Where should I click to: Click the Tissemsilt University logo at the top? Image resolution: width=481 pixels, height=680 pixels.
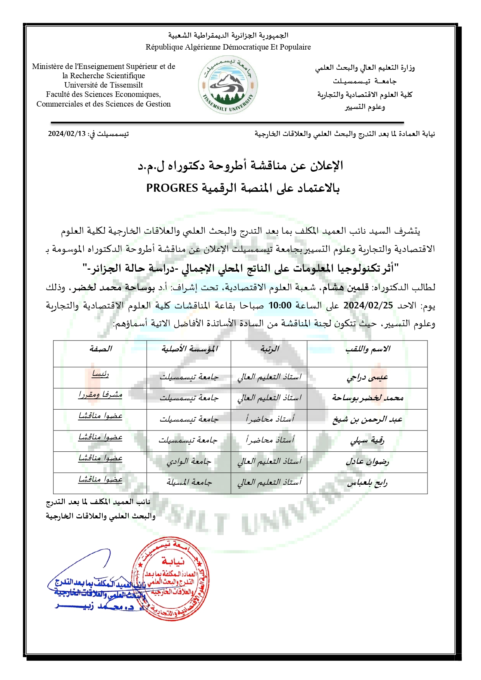click(228, 85)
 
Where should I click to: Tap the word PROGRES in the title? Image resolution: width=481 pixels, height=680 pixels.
click(172, 188)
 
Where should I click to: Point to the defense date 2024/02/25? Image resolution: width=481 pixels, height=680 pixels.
click(368, 305)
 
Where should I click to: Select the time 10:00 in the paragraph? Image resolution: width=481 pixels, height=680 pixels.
click(280, 305)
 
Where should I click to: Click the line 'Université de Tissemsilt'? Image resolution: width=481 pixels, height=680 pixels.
click(103, 85)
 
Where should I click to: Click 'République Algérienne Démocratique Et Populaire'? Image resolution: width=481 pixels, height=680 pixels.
click(228, 47)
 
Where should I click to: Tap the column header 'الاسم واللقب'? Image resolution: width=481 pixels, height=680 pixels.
click(367, 349)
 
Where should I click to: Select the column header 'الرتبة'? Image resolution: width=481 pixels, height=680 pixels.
click(269, 349)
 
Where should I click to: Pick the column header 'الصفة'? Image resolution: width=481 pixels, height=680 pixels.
click(100, 349)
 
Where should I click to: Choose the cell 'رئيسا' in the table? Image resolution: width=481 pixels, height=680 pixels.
click(100, 374)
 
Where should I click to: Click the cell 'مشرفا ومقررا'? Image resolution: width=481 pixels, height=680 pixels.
click(100, 395)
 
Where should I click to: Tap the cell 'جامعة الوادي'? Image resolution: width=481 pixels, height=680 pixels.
click(189, 461)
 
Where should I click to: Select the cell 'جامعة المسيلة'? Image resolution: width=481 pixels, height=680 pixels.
click(189, 482)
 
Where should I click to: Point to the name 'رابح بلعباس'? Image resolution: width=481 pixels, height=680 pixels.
click(367, 483)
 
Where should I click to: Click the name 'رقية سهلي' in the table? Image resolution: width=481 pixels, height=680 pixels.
click(367, 441)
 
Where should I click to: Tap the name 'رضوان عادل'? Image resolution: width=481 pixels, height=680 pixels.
click(367, 462)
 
